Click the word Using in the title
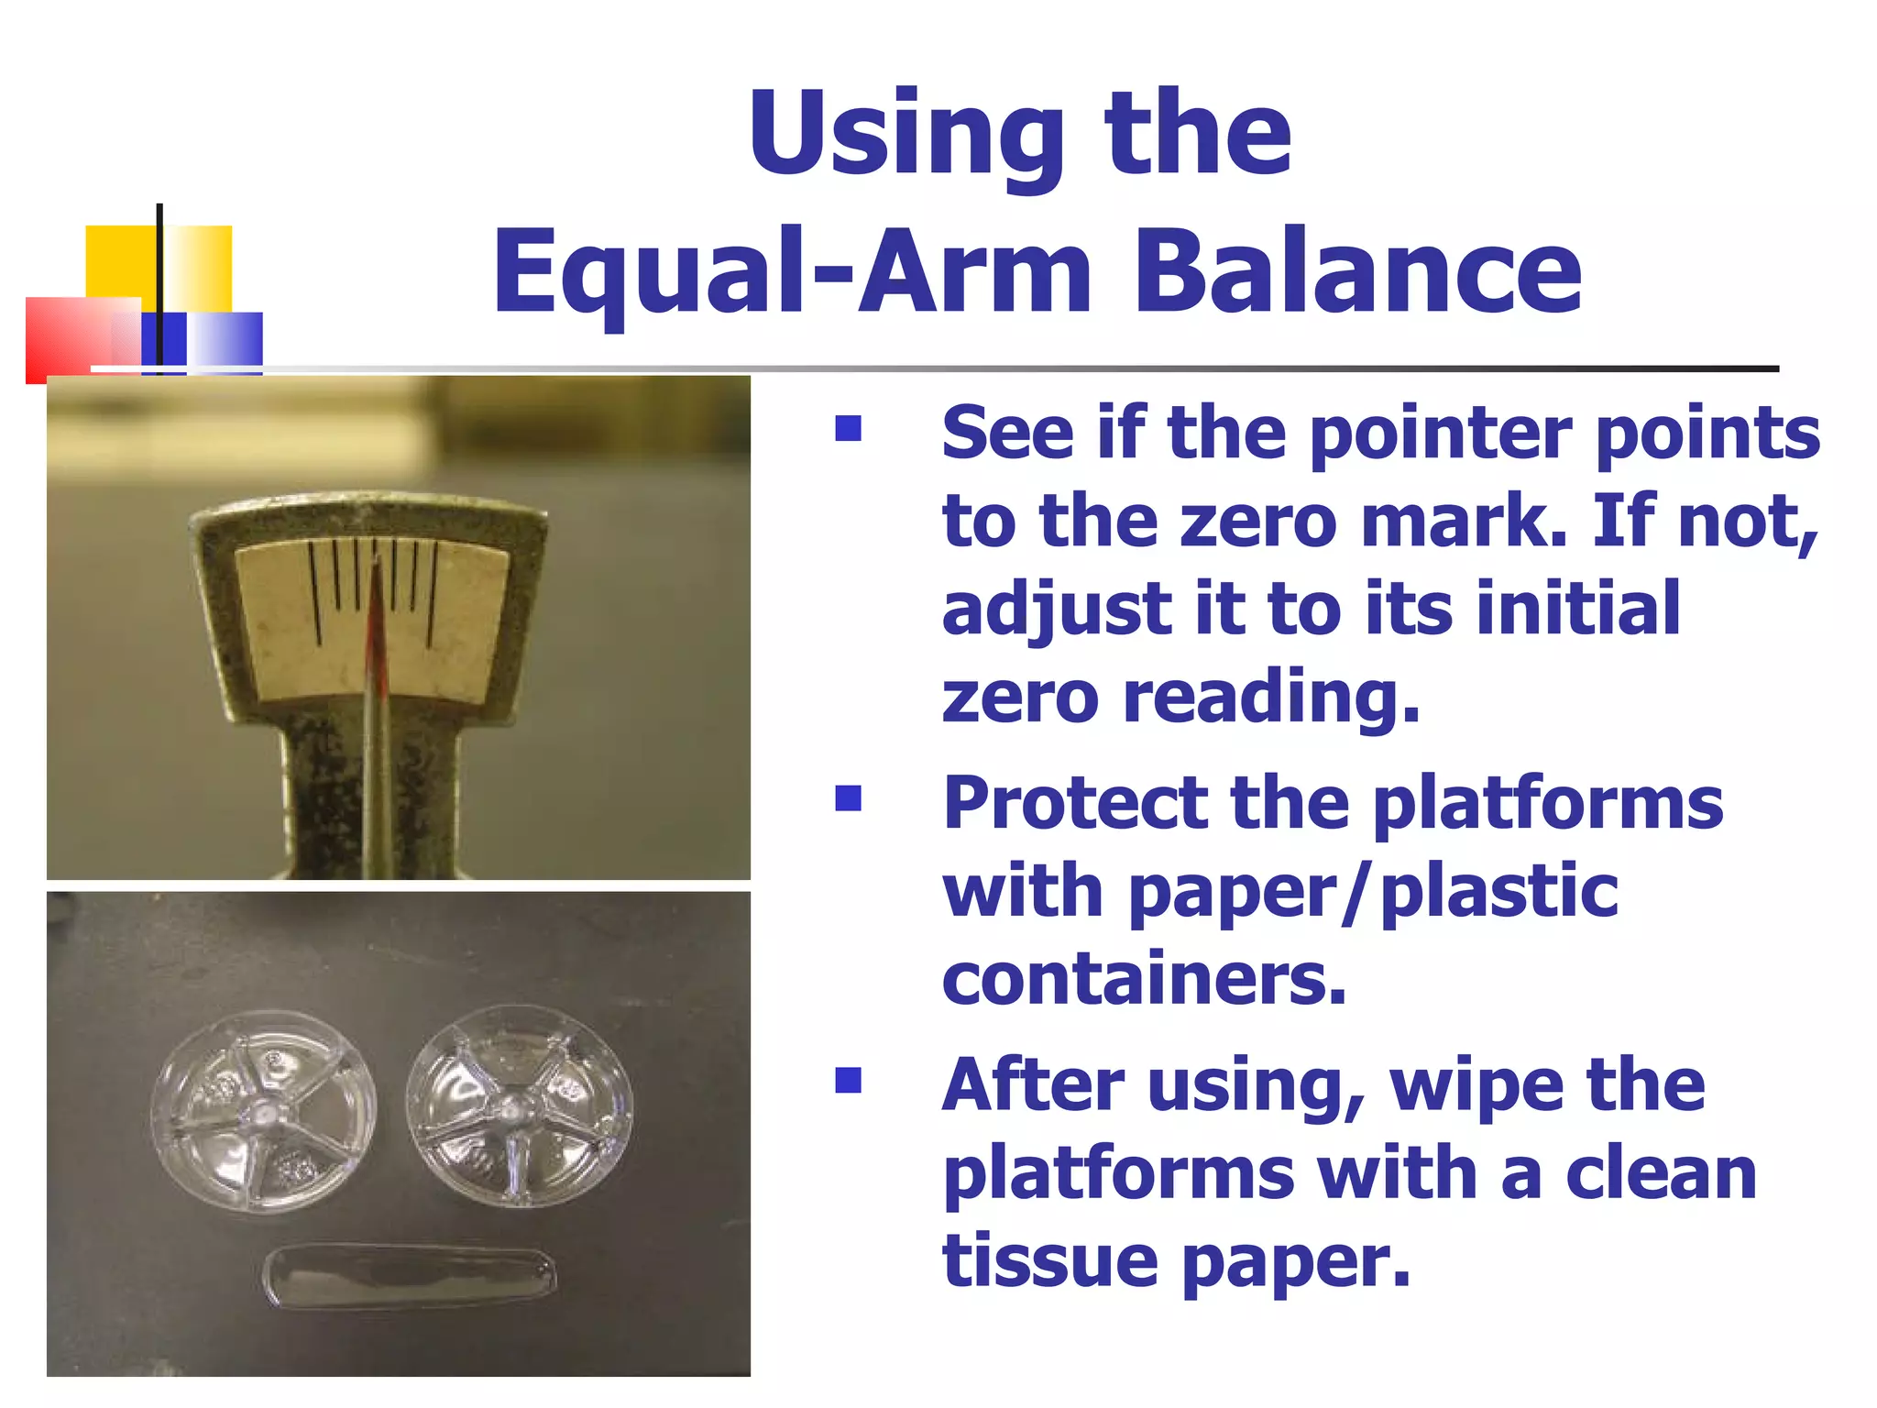point(906,136)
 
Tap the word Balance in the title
point(1358,272)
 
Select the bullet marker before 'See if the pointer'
point(849,429)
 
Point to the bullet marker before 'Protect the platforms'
point(849,798)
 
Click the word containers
point(1144,979)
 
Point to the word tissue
point(1050,1261)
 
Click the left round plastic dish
point(264,1111)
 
